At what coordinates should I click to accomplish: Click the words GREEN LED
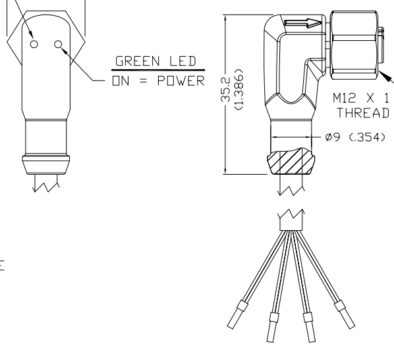tap(155, 61)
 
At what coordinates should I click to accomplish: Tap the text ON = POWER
tap(159, 81)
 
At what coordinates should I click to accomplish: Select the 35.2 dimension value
tap(225, 90)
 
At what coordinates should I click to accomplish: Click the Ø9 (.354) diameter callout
tap(355, 137)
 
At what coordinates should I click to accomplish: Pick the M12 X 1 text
tap(361, 98)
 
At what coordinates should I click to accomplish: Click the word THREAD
tap(363, 113)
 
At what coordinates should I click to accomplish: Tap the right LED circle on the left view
tap(58, 44)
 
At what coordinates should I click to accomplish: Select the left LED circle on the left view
tap(34, 44)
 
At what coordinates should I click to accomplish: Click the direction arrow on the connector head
tap(302, 23)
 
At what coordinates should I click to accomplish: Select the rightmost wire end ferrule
tap(345, 315)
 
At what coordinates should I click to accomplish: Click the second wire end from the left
tap(273, 327)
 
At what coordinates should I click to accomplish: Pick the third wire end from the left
tap(309, 327)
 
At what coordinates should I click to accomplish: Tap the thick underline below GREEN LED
tap(158, 70)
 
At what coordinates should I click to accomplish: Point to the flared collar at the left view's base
tap(46, 165)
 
